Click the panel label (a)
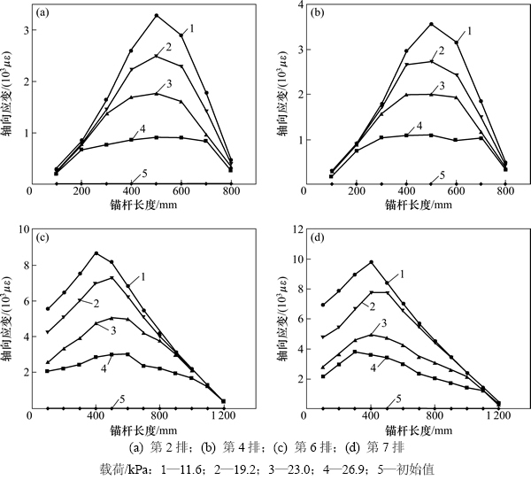click(42, 14)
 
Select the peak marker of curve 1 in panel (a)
click(156, 16)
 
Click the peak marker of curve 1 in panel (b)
click(432, 24)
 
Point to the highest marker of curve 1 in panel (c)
click(96, 253)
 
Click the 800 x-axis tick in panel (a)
click(232, 190)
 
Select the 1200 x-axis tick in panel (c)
click(223, 415)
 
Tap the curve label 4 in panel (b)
click(419, 127)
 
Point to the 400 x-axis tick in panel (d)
click(371, 415)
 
